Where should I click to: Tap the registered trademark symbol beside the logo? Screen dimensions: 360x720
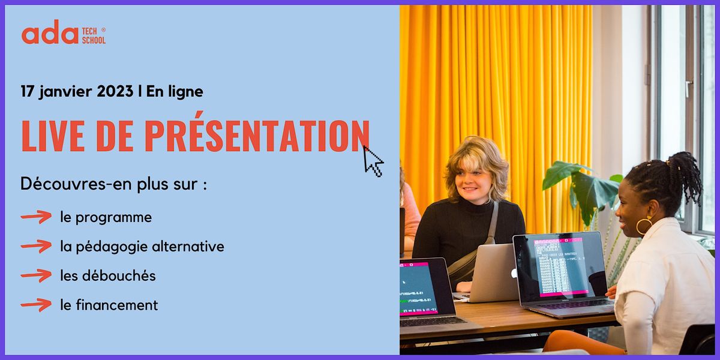point(103,29)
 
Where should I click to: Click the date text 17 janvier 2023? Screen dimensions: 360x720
point(77,92)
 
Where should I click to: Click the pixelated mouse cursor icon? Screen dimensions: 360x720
point(373,161)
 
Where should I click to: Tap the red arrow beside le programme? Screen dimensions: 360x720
point(36,217)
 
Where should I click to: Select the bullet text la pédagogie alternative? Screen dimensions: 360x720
point(142,247)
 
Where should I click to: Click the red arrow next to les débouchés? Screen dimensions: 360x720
point(36,275)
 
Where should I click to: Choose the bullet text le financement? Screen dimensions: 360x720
point(109,305)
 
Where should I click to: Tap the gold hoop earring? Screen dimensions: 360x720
point(644,226)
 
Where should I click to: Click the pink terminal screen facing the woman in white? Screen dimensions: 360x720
point(557,266)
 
